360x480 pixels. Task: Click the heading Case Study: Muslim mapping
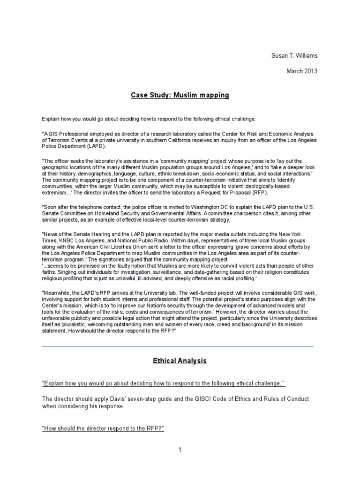pos(180,95)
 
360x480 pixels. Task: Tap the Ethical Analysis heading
pos(180,361)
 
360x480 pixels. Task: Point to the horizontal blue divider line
pos(178,346)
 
